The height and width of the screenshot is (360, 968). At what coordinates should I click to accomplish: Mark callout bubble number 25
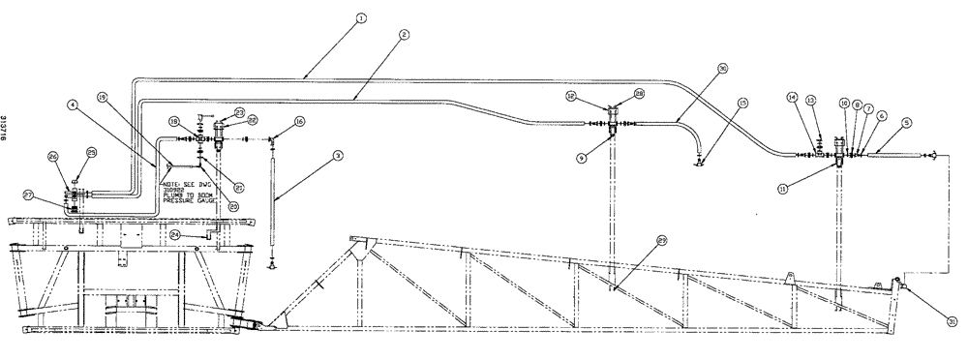click(x=92, y=152)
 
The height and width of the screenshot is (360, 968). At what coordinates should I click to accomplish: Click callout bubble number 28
click(x=640, y=94)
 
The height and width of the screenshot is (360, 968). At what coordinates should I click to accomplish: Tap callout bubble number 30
click(x=723, y=68)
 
